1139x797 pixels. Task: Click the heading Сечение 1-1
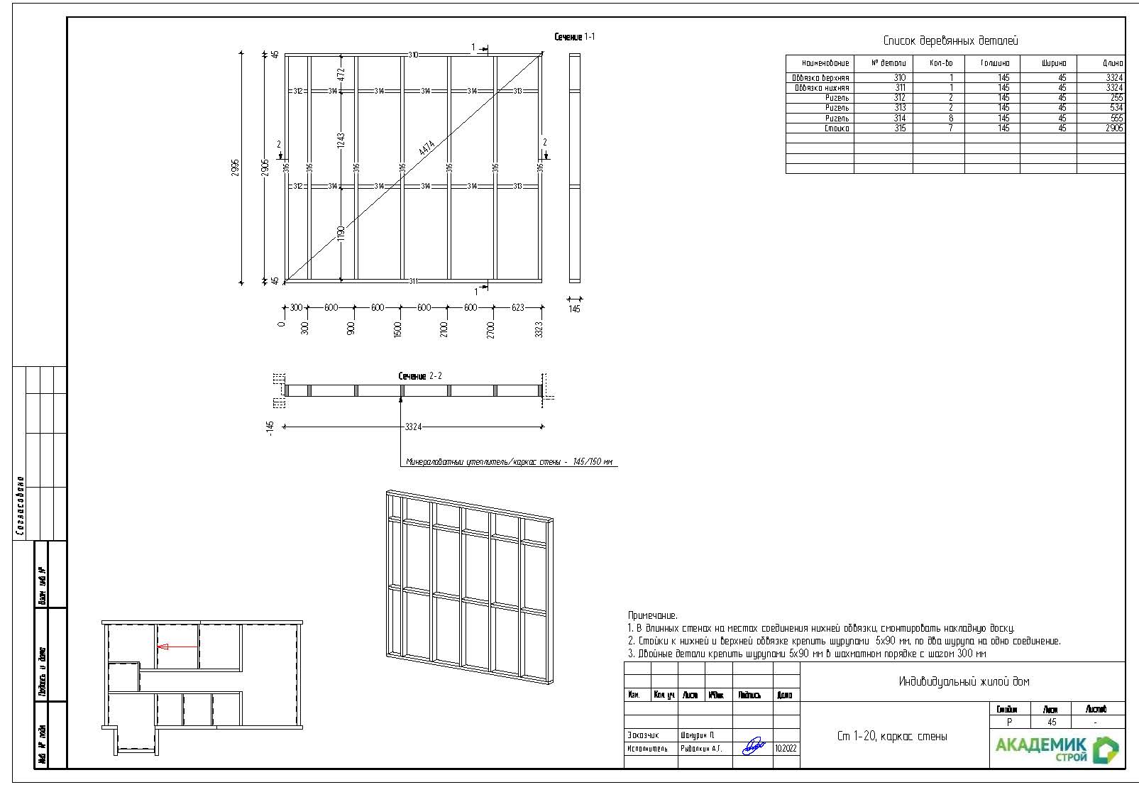click(574, 37)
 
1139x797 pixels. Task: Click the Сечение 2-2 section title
click(420, 376)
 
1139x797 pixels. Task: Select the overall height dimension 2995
click(236, 167)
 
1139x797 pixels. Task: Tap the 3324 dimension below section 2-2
click(413, 427)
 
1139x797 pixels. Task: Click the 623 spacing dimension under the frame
click(518, 308)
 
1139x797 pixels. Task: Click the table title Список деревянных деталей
click(950, 41)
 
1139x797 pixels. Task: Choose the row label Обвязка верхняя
click(820, 78)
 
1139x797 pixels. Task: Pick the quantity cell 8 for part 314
click(951, 119)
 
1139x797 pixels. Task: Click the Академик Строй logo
click(1056, 749)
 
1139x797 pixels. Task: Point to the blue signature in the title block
click(753, 746)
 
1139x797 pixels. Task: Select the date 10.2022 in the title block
click(786, 748)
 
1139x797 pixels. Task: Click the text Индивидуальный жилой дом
click(963, 682)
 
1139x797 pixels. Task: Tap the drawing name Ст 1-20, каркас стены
click(891, 737)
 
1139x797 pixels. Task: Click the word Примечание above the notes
click(652, 616)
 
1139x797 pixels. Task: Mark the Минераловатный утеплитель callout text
click(509, 462)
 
